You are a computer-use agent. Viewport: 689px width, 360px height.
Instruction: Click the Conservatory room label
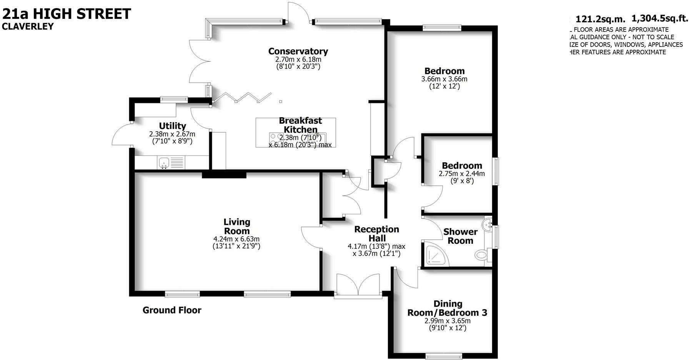point(298,51)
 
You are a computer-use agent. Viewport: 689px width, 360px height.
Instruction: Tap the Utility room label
point(172,126)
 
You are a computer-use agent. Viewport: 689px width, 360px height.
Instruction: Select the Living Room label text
point(237,227)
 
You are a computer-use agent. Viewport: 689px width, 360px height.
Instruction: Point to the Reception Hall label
point(376,233)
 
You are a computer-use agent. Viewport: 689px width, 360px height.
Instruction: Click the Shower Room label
point(460,236)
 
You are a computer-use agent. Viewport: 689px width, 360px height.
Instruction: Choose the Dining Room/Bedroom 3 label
point(448,308)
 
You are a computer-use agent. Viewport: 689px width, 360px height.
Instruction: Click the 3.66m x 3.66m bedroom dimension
point(444,79)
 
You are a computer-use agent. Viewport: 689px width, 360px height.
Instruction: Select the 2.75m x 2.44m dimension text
point(462,173)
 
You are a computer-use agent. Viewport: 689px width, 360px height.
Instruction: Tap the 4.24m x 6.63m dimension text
point(236,239)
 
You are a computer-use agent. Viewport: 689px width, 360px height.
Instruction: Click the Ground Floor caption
point(172,310)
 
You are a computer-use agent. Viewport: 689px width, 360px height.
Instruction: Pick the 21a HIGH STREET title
point(67,14)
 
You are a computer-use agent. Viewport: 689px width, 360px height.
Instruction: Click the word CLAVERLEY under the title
point(28,27)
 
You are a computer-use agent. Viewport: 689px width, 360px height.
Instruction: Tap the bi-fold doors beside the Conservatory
point(242,97)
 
